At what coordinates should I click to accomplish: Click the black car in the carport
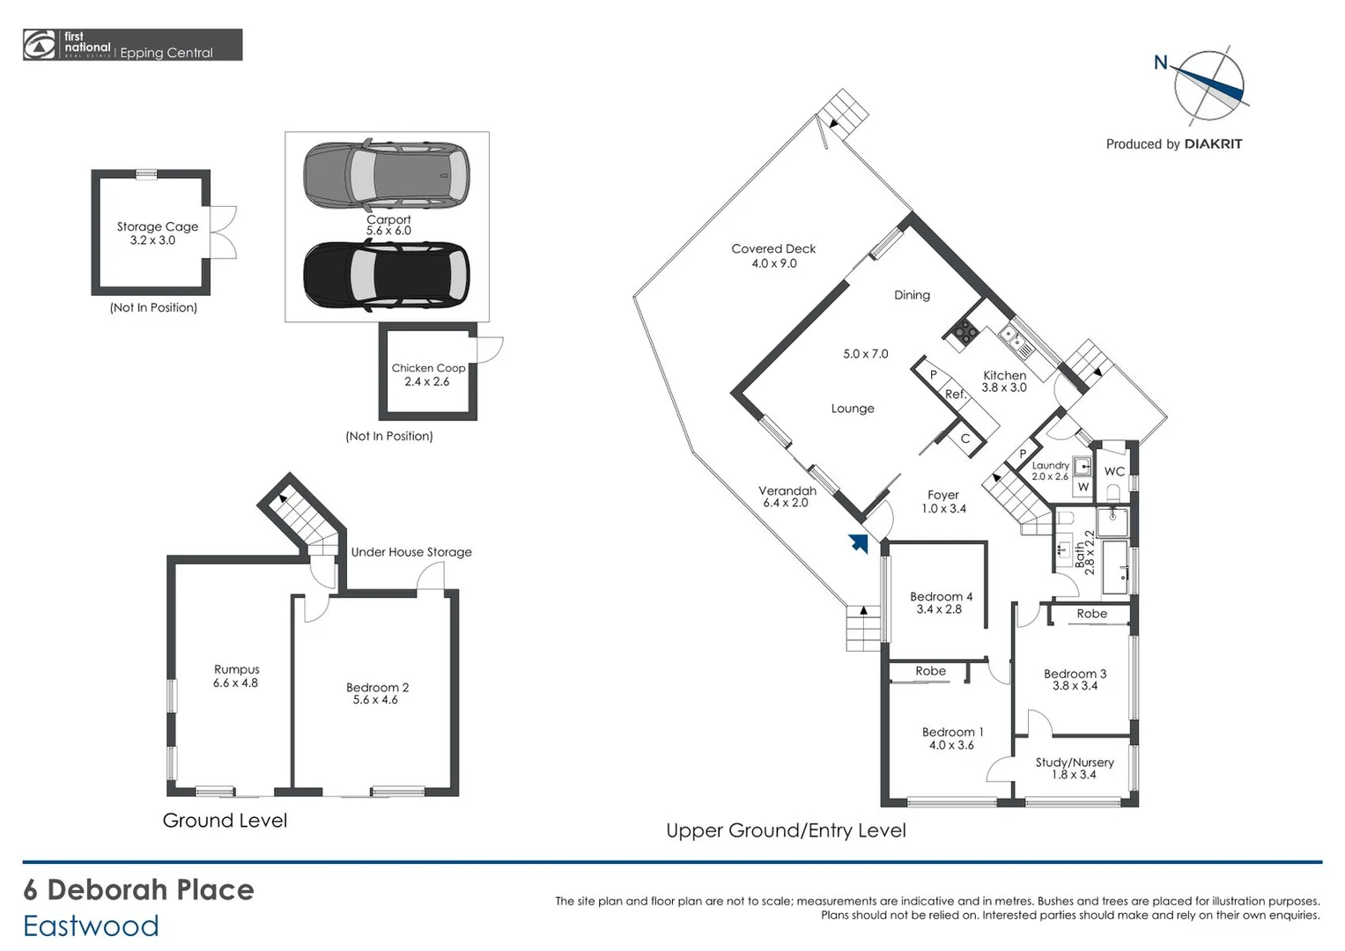386,276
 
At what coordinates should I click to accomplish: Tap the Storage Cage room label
157,226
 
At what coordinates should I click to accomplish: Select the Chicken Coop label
428,368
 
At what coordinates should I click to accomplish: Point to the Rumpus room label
236,669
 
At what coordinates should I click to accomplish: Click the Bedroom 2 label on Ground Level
377,688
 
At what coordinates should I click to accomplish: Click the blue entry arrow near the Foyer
858,543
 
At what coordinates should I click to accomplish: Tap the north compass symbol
1208,85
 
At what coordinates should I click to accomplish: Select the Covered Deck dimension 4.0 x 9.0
773,263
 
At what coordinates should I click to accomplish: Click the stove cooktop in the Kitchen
964,331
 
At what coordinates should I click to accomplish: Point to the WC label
1114,472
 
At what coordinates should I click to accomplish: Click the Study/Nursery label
1075,763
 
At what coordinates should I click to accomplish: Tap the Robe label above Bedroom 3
1091,614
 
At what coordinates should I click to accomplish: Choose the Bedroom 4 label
941,596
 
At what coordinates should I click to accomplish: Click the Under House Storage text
411,552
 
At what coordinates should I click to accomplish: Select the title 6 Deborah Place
138,889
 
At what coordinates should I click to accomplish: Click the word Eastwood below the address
91,926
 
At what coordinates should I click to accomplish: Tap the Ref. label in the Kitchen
956,394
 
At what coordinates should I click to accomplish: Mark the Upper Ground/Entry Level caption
786,830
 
